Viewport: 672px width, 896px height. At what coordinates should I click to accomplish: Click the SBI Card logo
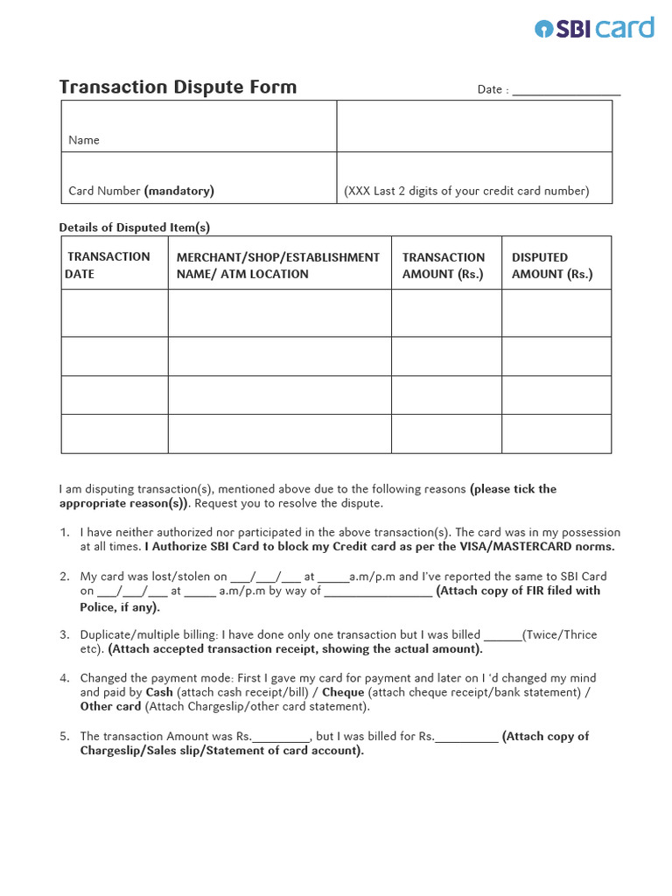pos(594,28)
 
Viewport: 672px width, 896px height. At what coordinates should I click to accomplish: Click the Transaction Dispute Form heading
pos(178,87)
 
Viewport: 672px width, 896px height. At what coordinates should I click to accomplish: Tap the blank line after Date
pos(566,89)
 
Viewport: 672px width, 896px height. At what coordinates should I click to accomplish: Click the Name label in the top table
pos(84,140)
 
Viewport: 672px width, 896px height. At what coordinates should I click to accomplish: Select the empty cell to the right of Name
pos(474,126)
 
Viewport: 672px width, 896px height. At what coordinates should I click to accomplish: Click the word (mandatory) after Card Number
pos(179,191)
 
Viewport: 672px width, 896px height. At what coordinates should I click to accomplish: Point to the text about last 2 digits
pos(466,191)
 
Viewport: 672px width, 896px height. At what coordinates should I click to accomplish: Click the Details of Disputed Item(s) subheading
pos(134,227)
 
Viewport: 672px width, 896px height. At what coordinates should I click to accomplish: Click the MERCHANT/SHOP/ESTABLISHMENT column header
pos(278,265)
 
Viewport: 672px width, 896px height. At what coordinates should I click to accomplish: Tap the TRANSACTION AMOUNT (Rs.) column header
pos(443,265)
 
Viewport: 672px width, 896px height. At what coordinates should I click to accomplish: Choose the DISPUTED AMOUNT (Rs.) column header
pos(552,265)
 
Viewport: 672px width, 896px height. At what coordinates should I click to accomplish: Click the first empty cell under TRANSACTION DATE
pos(115,313)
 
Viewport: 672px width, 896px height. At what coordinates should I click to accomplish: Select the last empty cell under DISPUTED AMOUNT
pos(556,434)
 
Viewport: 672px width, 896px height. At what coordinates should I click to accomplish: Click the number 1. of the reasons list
pos(64,532)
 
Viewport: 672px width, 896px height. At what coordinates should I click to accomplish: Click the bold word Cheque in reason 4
pos(343,692)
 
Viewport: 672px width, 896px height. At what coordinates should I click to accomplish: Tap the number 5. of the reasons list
pos(64,737)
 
